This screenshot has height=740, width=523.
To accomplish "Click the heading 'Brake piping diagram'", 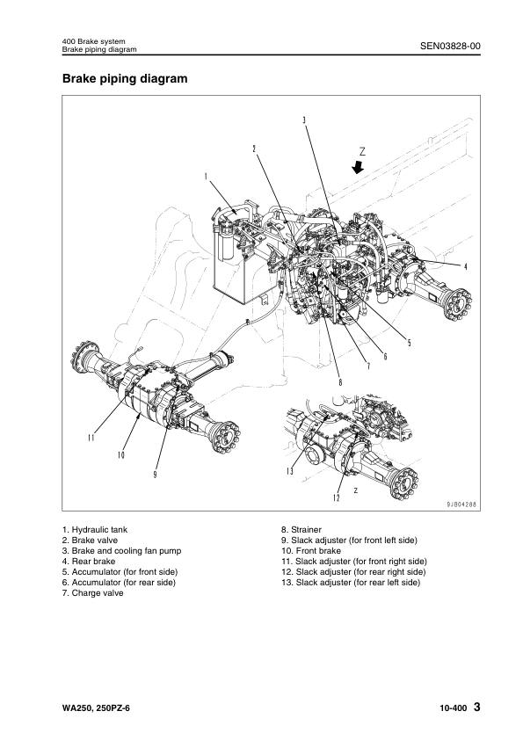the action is (125, 78).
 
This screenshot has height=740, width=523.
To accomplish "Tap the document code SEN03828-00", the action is (450, 46).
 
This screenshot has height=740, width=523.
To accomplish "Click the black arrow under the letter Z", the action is (359, 167).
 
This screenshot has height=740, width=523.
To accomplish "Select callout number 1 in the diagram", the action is (206, 177).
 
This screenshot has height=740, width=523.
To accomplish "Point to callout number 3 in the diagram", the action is (304, 120).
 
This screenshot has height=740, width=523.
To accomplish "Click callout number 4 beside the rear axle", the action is (465, 267).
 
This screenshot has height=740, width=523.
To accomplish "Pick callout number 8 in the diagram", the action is (340, 382).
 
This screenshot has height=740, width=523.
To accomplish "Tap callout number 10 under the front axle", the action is (120, 455).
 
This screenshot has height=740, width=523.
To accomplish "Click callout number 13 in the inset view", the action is (290, 471).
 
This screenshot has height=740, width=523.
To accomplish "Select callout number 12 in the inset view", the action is (336, 497).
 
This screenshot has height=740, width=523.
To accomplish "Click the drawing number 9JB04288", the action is (461, 504).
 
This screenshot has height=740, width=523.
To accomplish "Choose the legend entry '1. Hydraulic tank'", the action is (95, 530).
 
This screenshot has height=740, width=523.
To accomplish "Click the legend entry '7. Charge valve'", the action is (93, 593).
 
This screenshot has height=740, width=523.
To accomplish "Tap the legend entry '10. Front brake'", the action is (311, 551).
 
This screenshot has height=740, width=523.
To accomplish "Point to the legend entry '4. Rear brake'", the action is (89, 562).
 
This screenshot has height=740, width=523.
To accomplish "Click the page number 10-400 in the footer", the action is (454, 708).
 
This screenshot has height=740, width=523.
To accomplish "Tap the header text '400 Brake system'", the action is (94, 42).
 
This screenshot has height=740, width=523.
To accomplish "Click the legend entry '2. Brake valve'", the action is (91, 540).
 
